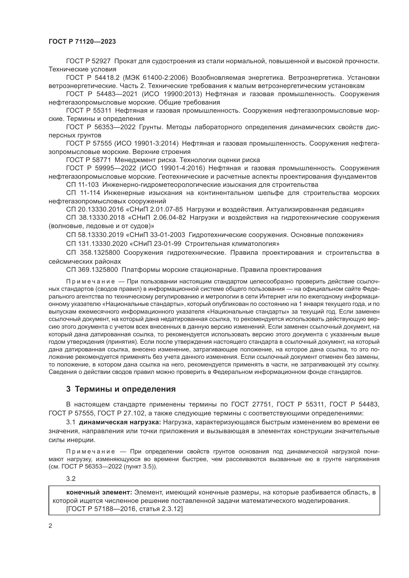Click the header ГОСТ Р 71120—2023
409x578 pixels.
coord(82,42)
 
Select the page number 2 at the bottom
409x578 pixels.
coord(50,526)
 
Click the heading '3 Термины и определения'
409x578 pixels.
coord(121,389)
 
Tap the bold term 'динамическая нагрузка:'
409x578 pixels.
coord(120,422)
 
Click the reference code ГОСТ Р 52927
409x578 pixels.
coord(88,61)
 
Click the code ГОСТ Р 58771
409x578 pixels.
coord(88,160)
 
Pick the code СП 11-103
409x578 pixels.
coord(82,185)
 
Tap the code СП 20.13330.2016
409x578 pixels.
coord(95,209)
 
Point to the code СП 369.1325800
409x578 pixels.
coord(92,270)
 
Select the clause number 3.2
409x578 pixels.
coord(71,479)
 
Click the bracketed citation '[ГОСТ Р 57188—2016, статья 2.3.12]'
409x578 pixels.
coord(124,509)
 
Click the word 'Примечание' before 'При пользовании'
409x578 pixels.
coord(91,281)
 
